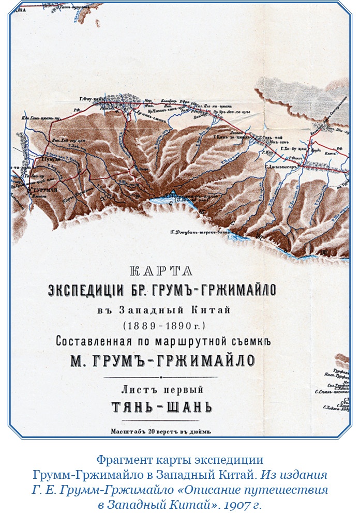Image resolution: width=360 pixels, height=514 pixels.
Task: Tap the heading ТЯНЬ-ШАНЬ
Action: (x=161, y=406)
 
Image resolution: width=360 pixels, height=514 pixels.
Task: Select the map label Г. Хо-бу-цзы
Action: (x=293, y=148)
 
